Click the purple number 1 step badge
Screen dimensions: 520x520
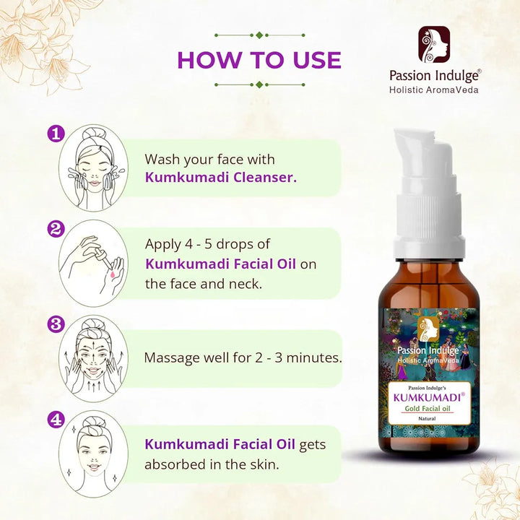[x=56, y=134]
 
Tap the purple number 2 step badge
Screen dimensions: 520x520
[x=56, y=229]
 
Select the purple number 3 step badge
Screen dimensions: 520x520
[x=56, y=324]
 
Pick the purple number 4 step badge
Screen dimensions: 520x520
[x=56, y=420]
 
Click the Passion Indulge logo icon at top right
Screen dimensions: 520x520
[x=434, y=45]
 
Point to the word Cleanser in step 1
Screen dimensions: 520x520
[x=264, y=177]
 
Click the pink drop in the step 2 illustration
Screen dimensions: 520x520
[x=113, y=274]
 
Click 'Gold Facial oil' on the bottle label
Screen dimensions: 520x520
[x=428, y=409]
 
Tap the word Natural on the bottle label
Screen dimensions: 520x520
[x=427, y=419]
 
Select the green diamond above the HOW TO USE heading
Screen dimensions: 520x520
[x=260, y=35]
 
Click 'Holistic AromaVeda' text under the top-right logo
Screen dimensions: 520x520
[x=434, y=90]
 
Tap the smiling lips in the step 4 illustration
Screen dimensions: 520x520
[x=94, y=467]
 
